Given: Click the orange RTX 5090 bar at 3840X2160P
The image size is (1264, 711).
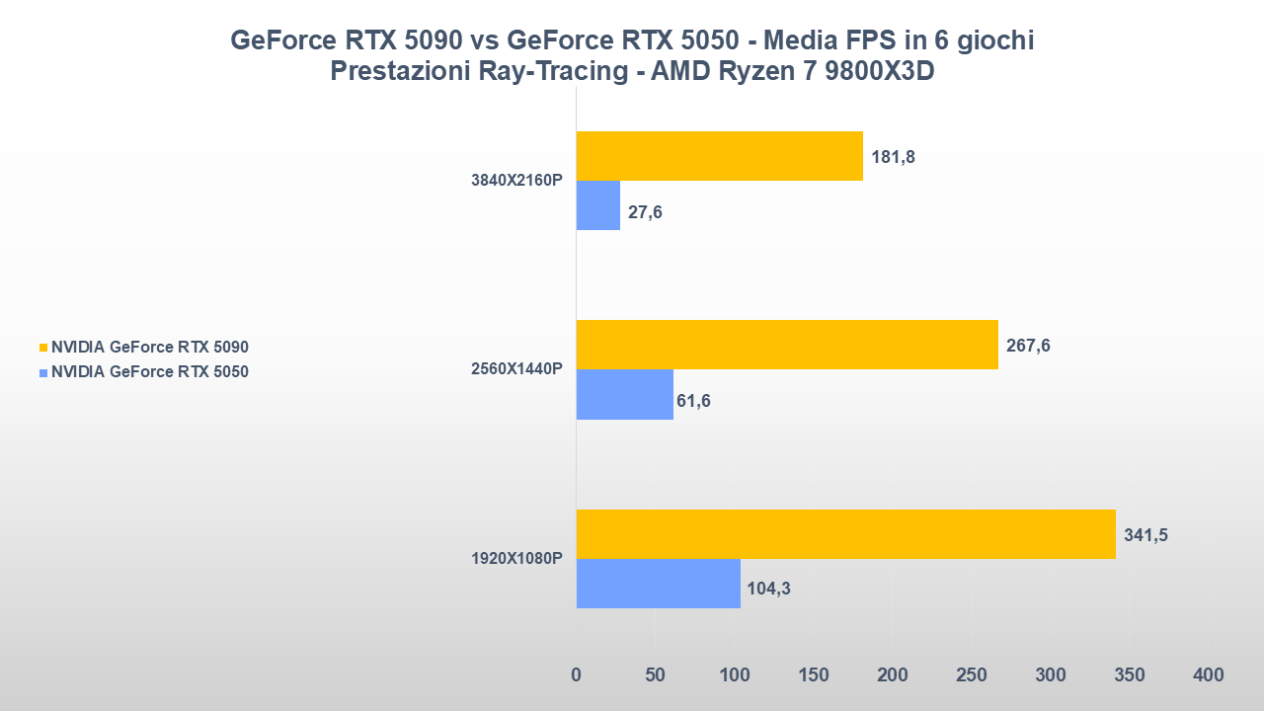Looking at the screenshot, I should [719, 156].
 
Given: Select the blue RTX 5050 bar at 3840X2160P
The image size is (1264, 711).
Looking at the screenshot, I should [597, 205].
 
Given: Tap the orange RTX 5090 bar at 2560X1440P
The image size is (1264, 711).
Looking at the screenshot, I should [786, 345].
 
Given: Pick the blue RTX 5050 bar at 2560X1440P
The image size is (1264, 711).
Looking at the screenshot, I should [624, 394].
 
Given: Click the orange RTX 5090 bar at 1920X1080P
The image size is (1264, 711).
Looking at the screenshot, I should [845, 534].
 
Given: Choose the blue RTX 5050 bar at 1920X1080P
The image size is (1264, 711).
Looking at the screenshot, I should [658, 584].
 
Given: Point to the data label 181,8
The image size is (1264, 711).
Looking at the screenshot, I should [893, 157].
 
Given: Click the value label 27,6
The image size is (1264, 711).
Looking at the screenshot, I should [645, 211].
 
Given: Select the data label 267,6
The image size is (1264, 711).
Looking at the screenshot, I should [1028, 346].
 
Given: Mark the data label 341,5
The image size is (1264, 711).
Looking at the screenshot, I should [1145, 535].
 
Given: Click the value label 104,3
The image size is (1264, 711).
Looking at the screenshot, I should [769, 590].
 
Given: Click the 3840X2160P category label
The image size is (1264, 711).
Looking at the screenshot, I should [516, 181].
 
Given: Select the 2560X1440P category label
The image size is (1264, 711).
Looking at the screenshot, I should [516, 369].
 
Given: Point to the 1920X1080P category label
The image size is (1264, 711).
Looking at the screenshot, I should [516, 558].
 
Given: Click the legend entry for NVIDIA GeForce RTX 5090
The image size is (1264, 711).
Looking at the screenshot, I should [149, 347].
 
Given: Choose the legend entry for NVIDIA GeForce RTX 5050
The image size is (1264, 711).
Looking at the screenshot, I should [149, 372].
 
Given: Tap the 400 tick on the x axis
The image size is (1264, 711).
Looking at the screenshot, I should [1208, 675].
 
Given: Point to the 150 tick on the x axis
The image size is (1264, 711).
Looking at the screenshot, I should [813, 675].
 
